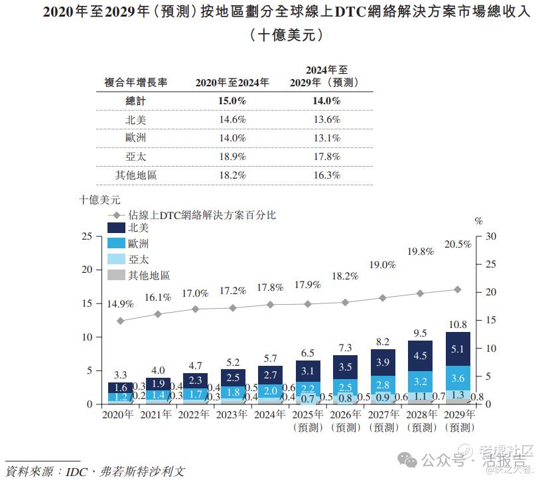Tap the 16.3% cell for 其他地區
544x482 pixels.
tap(326, 175)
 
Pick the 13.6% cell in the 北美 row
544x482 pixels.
tap(326, 120)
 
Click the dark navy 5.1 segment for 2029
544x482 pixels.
tap(458, 349)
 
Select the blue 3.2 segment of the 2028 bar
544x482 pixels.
tap(420, 382)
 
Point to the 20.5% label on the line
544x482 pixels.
tap(458, 244)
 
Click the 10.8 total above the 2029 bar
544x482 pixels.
tap(458, 325)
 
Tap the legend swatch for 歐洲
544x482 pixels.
tap(116, 244)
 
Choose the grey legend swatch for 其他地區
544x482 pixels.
tap(116, 275)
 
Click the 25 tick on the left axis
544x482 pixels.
tap(86, 236)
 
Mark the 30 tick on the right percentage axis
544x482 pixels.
tap(492, 236)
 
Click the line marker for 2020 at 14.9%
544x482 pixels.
tap(120, 321)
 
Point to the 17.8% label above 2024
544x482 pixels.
tap(270, 287)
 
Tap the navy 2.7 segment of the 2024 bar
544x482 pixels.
tap(270, 376)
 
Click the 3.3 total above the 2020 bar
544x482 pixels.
tap(120, 375)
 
